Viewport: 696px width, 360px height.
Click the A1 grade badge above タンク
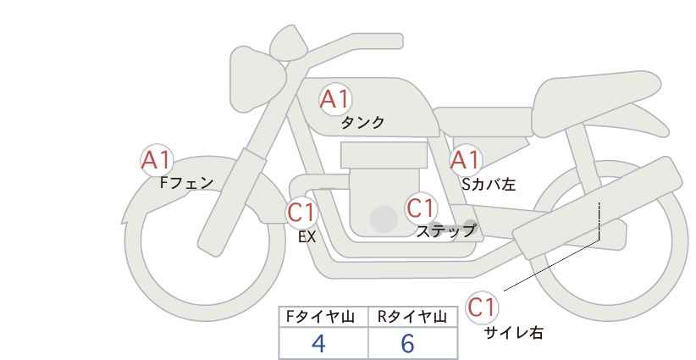[335, 99]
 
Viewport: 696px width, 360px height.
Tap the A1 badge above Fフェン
[156, 160]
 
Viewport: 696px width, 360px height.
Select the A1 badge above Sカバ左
[465, 160]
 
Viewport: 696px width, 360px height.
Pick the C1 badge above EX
[301, 212]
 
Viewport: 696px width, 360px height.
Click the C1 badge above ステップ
[420, 208]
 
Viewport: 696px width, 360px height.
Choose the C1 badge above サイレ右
[482, 307]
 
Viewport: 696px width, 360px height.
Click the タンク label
[362, 123]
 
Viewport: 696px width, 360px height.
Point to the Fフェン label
[186, 183]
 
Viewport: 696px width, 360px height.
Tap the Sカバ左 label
[489, 184]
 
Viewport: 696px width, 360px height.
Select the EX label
[307, 237]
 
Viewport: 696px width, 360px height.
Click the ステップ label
[445, 231]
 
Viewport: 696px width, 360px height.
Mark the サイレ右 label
[514, 333]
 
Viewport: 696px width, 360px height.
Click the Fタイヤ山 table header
[320, 317]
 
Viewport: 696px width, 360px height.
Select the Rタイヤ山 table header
[412, 317]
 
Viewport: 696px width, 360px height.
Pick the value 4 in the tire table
[318, 343]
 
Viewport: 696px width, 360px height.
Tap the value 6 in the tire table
[407, 343]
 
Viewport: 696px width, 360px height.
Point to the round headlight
[257, 80]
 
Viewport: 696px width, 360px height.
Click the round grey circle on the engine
[384, 219]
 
